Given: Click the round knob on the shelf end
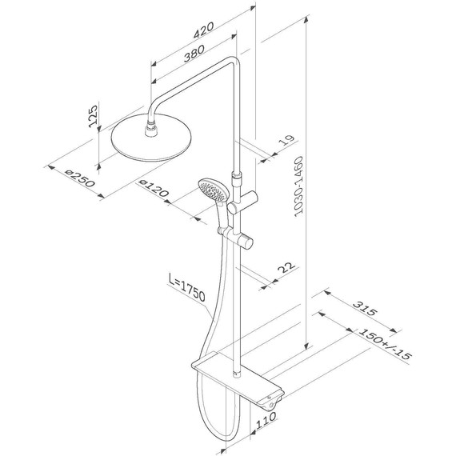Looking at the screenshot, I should (276, 406).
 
